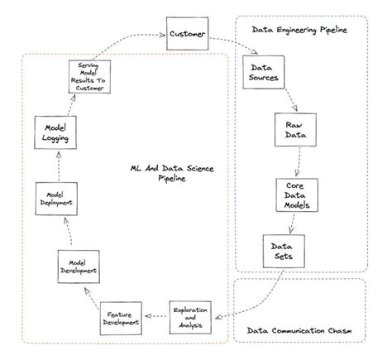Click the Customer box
(186, 34)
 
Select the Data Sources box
(264, 73)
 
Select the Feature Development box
(120, 319)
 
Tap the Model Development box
(79, 266)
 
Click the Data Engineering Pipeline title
(299, 30)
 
